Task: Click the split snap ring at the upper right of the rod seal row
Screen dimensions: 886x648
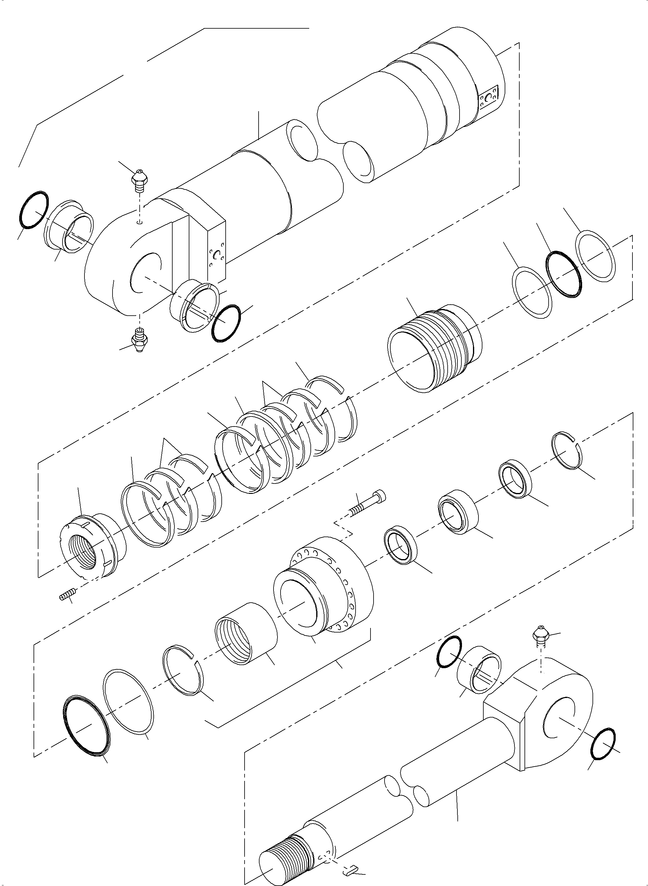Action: [567, 450]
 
